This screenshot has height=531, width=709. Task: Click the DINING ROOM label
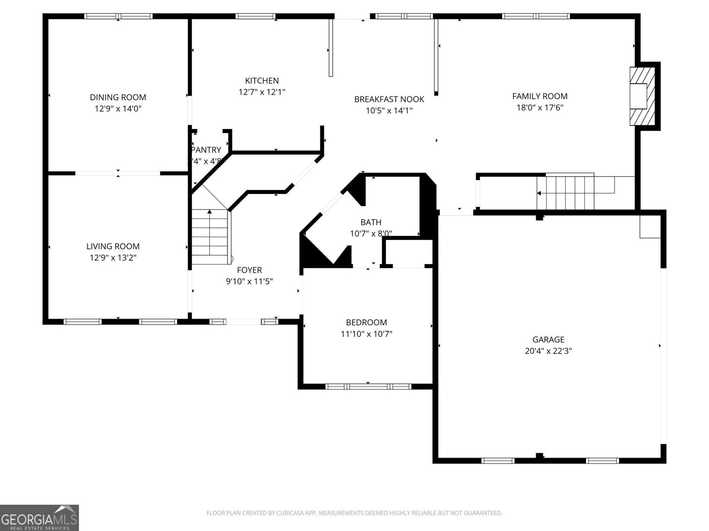click(118, 97)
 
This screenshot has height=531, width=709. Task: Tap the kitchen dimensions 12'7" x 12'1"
click(262, 92)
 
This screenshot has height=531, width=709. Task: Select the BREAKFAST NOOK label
click(389, 99)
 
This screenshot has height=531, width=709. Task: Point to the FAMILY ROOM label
click(540, 96)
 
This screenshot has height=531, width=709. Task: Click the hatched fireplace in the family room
click(642, 96)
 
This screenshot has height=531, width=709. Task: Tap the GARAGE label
click(548, 339)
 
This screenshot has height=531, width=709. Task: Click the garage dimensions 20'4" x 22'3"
click(548, 351)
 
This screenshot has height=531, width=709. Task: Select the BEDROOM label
click(366, 323)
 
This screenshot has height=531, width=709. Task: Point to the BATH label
click(371, 222)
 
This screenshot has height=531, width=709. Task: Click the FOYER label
click(249, 270)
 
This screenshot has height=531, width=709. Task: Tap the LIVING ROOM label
click(113, 246)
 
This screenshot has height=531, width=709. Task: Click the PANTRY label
click(206, 150)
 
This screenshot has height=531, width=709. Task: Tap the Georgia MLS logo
click(39, 518)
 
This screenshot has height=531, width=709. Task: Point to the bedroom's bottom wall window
click(368, 386)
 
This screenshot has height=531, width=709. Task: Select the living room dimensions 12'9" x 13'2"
click(113, 258)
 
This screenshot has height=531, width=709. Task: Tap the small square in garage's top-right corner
click(650, 227)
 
